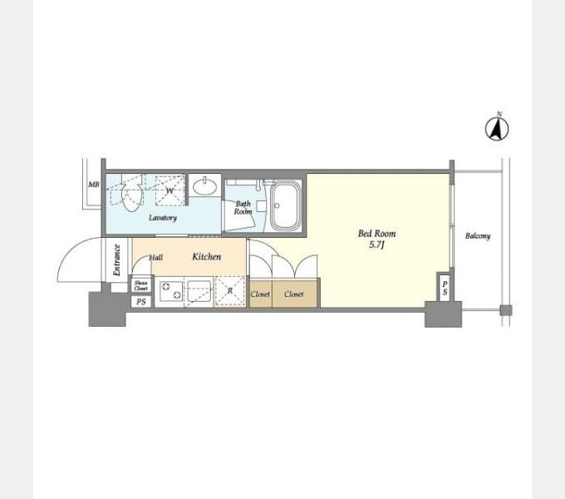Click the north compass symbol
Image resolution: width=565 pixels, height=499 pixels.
click(497, 127)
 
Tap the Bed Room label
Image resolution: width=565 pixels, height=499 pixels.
click(376, 234)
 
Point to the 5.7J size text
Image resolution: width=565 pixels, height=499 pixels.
click(376, 245)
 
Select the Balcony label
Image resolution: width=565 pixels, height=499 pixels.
click(478, 236)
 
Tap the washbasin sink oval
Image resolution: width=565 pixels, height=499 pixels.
click(204, 186)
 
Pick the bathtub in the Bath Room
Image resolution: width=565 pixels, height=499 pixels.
click(285, 205)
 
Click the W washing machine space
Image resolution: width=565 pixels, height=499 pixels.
click(170, 190)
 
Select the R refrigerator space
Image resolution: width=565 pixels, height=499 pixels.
click(230, 291)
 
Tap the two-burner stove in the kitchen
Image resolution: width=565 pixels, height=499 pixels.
click(171, 291)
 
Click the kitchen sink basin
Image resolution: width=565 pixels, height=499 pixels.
click(199, 291)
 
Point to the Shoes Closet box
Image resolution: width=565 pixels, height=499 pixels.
click(141, 285)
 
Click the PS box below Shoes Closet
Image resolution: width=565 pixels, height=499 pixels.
click(141, 301)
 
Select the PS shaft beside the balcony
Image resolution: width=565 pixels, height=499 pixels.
click(445, 288)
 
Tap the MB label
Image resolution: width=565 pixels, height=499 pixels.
click(94, 185)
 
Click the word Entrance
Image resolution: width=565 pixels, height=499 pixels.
click(116, 260)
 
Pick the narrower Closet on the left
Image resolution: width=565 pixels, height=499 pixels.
click(260, 294)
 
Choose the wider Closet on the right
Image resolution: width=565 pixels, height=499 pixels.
click(295, 294)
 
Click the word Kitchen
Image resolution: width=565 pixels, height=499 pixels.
click(206, 256)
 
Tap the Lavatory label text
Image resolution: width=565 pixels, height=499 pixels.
click(163, 218)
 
